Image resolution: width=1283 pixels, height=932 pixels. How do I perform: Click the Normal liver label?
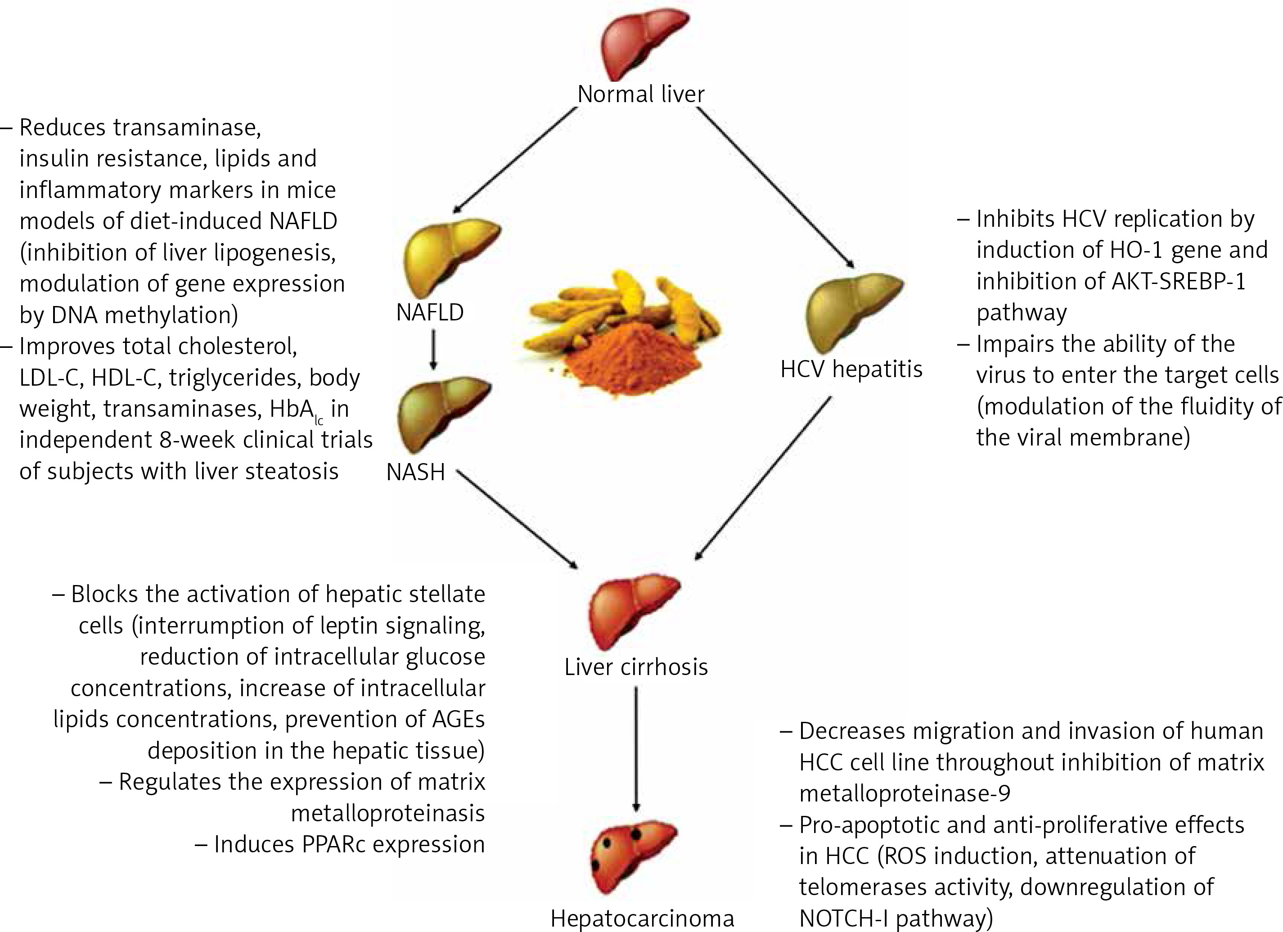[640, 94]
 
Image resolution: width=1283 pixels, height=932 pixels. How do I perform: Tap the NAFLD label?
[430, 312]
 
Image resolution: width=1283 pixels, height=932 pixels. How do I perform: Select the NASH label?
[416, 471]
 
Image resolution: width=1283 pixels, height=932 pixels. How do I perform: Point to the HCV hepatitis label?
[851, 369]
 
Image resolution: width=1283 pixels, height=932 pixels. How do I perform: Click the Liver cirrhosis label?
[636, 667]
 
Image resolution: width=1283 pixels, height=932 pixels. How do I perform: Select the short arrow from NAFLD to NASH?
[433, 349]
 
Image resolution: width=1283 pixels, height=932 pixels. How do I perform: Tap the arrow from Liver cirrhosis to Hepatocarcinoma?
[637, 749]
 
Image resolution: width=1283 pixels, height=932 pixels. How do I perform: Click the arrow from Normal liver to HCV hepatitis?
[775, 187]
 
